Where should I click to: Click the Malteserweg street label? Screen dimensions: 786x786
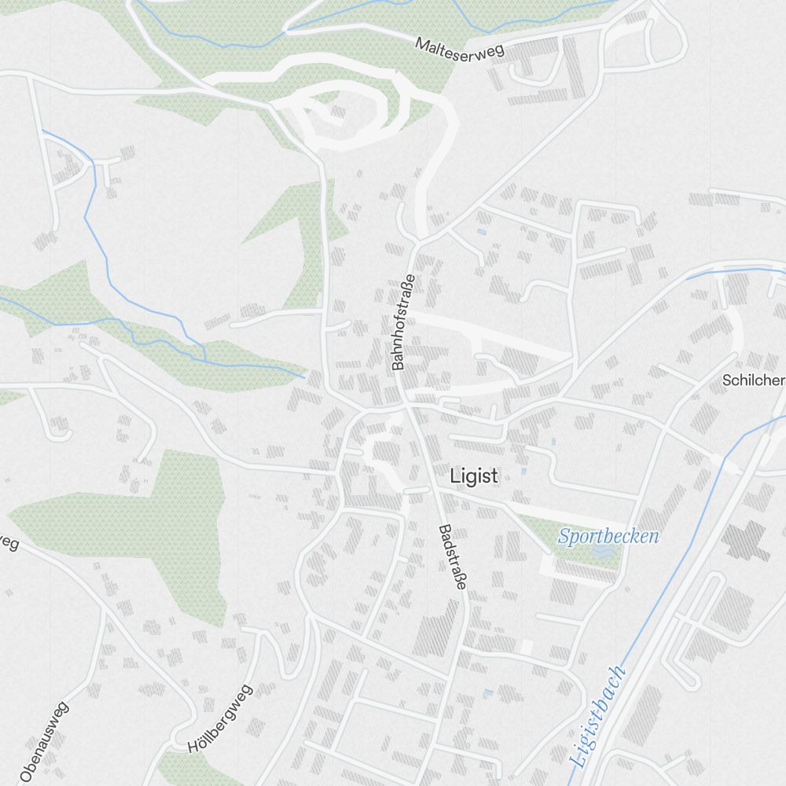point(460,46)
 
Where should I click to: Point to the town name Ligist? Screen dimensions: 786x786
point(474,476)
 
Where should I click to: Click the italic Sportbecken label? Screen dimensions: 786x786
point(608,537)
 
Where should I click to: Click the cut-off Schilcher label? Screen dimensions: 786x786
point(754,380)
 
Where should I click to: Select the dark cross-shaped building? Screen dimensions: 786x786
point(746,541)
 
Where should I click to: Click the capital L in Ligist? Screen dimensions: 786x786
point(454,476)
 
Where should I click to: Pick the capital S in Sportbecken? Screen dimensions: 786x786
point(564,538)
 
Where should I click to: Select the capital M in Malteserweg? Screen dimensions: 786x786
point(421,44)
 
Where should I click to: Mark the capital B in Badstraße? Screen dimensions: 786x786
point(443,529)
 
